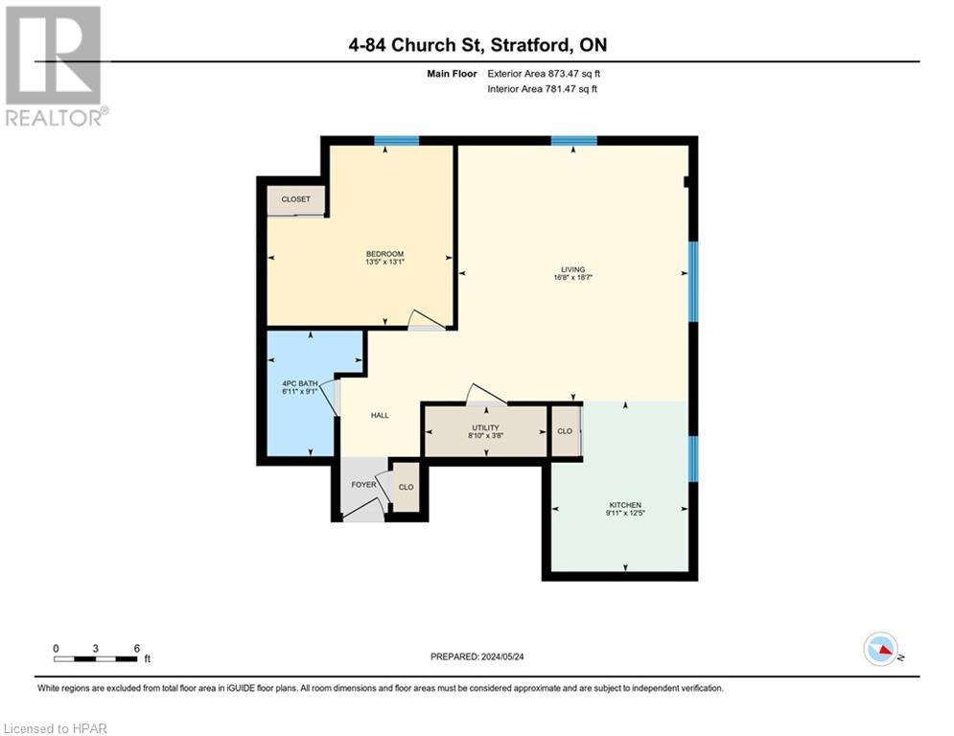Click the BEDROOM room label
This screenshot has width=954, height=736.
[x=384, y=253]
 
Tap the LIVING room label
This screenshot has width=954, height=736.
[x=573, y=269]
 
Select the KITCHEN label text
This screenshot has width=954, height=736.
[x=625, y=505]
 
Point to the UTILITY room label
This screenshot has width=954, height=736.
[x=485, y=425]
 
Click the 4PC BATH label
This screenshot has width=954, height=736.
[x=293, y=384]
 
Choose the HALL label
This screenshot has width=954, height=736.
[x=380, y=415]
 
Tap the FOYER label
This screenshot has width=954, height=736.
[x=363, y=485]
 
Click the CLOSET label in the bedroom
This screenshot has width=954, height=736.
[x=295, y=199]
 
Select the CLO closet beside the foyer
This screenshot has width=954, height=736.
[x=406, y=488]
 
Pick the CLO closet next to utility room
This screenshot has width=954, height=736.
[x=565, y=431]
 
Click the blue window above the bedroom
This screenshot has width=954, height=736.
[x=396, y=141]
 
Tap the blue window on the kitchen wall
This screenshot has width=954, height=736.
[x=693, y=458]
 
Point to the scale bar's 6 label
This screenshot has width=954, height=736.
[x=137, y=648]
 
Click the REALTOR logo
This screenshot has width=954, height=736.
[x=55, y=65]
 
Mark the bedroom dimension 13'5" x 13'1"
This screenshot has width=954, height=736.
[x=384, y=262]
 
